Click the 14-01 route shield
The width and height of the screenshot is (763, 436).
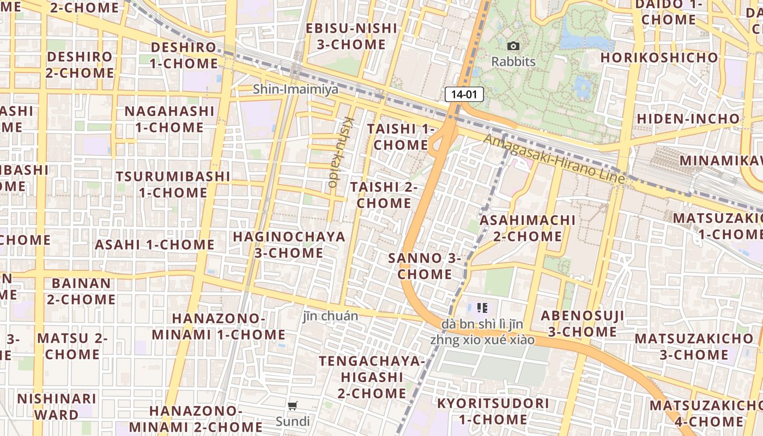pyautogui.click(x=464, y=94)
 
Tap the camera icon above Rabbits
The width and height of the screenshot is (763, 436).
pyautogui.click(x=513, y=46)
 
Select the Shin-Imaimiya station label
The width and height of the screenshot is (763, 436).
pyautogui.click(x=295, y=89)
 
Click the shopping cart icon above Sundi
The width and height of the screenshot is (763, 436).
pyautogui.click(x=293, y=405)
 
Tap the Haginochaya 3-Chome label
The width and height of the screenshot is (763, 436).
pyautogui.click(x=289, y=245)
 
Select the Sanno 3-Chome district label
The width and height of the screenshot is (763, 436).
pyautogui.click(x=425, y=266)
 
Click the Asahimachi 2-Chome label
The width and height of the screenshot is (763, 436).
pyautogui.click(x=527, y=228)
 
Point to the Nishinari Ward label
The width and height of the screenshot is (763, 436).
pyautogui.click(x=57, y=406)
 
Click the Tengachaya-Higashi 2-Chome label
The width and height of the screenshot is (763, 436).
pyautogui.click(x=372, y=377)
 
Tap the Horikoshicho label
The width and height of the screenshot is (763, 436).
pyautogui.click(x=659, y=57)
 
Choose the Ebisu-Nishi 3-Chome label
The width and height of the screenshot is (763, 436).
pyautogui.click(x=351, y=36)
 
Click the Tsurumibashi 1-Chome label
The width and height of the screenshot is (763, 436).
pyautogui.click(x=173, y=184)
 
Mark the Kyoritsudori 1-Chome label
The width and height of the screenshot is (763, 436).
pyautogui.click(x=493, y=411)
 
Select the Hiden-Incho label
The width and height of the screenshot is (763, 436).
pyautogui.click(x=688, y=118)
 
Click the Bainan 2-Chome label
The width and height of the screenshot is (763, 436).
pyautogui.click(x=81, y=291)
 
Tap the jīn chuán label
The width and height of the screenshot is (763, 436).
pyautogui.click(x=331, y=316)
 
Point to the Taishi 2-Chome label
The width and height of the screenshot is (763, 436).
pyautogui.click(x=384, y=195)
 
